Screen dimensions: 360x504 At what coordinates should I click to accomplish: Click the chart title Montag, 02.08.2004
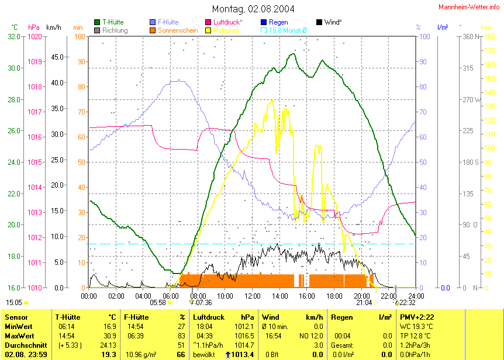(x=253, y=9)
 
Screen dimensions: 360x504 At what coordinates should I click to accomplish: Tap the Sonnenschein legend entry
(x=178, y=30)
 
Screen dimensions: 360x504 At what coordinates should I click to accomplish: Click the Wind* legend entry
(x=332, y=22)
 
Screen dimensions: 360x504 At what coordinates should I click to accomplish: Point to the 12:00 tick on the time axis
(x=253, y=296)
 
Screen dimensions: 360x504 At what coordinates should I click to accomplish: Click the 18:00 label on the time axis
(x=334, y=296)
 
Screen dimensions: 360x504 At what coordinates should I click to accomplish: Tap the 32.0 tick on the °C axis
(x=15, y=36)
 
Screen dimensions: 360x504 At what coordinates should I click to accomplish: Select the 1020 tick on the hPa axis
(x=34, y=36)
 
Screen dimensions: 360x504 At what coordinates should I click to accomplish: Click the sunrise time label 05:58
(x=158, y=302)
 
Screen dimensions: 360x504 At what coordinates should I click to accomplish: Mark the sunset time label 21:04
(x=364, y=302)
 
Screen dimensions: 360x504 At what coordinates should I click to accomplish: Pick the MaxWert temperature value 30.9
(x=109, y=336)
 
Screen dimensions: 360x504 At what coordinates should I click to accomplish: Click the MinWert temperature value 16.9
(x=109, y=327)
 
